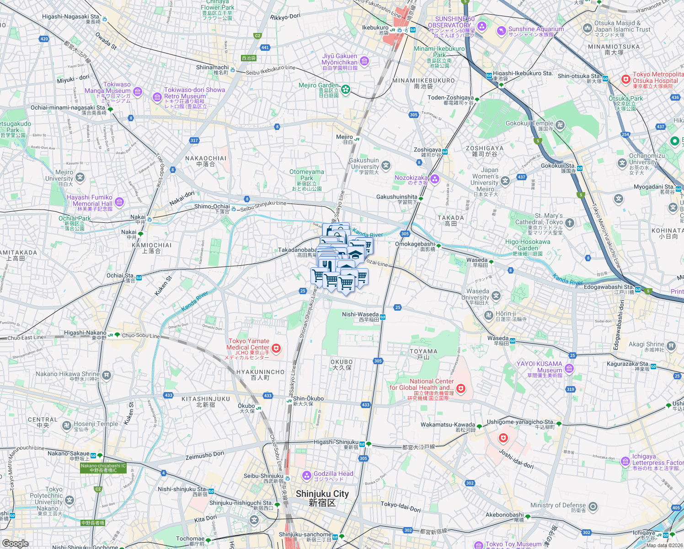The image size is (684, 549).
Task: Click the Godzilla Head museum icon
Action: [x=307, y=476]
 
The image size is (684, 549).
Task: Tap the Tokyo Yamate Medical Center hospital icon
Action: [x=276, y=349]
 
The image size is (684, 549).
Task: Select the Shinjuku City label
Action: [x=322, y=498]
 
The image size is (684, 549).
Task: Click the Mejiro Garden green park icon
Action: [x=346, y=89]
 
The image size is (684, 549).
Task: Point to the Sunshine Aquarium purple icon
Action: [x=502, y=31]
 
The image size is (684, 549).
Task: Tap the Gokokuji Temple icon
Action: [x=560, y=125]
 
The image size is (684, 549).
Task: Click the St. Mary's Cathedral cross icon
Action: [x=569, y=223]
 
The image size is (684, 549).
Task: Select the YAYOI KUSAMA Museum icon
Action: [x=569, y=368]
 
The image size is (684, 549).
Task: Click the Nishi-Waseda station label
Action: [x=361, y=315]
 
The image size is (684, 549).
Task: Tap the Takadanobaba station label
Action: [x=297, y=250]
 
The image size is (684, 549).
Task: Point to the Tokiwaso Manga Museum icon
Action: [x=138, y=91]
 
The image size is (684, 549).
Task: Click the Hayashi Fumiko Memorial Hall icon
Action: [x=119, y=202]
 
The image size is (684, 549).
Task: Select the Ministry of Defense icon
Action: [x=593, y=506]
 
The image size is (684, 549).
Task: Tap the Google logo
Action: [x=16, y=544]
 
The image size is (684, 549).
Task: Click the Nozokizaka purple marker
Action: [x=435, y=179]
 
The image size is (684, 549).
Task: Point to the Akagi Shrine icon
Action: [x=671, y=346]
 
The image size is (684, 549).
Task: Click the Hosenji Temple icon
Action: [x=67, y=425]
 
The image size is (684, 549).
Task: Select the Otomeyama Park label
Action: [x=307, y=175]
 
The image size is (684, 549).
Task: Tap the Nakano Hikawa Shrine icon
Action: [x=107, y=376]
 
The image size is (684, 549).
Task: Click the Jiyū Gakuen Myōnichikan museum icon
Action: [x=364, y=61]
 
